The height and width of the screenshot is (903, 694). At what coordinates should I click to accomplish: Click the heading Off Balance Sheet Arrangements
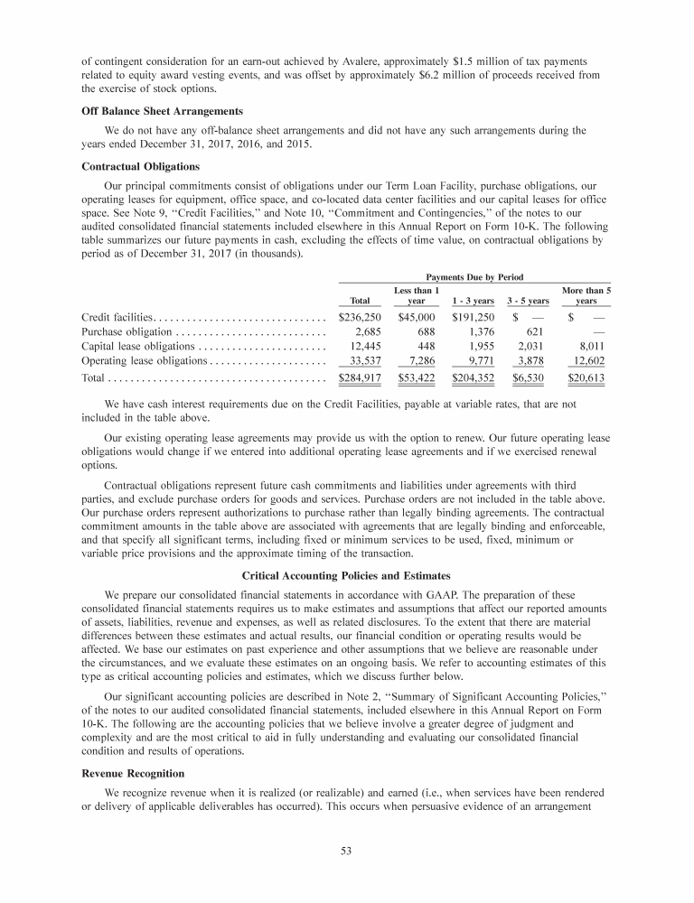[x=159, y=111]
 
